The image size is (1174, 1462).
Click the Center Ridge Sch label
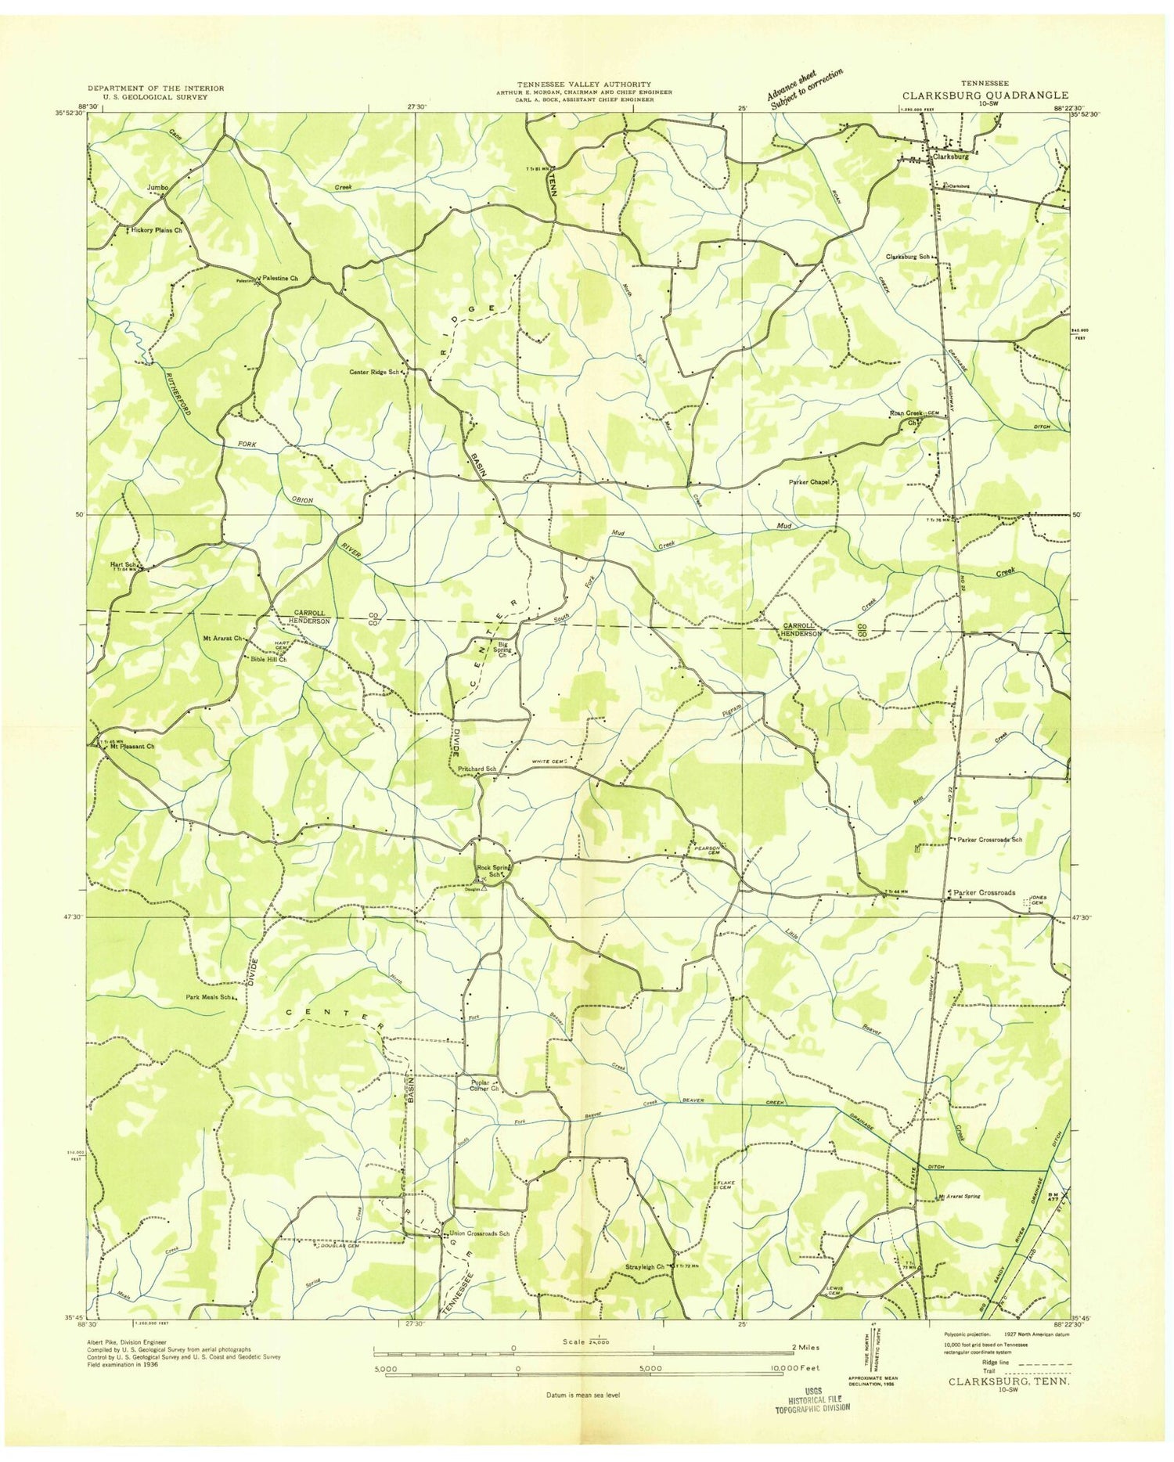pos(375,373)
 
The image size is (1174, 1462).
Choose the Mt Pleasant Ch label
pos(132,747)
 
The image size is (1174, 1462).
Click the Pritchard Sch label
pos(476,769)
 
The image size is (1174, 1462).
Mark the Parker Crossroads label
pos(985,892)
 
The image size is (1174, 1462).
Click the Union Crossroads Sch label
pos(480,1234)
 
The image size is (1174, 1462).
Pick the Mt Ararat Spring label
pos(959,1197)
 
